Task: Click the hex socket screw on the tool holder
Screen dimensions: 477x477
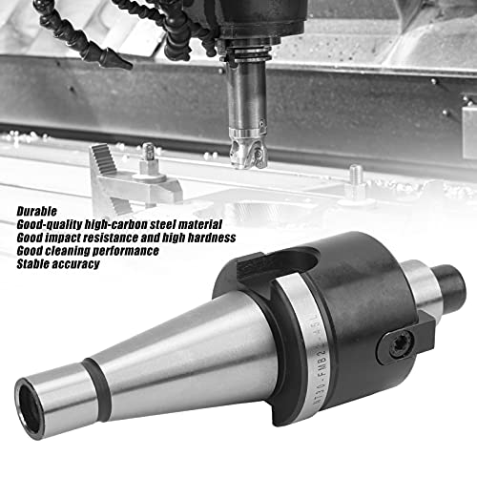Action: tap(397, 346)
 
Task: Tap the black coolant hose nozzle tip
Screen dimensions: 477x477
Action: tap(114, 59)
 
